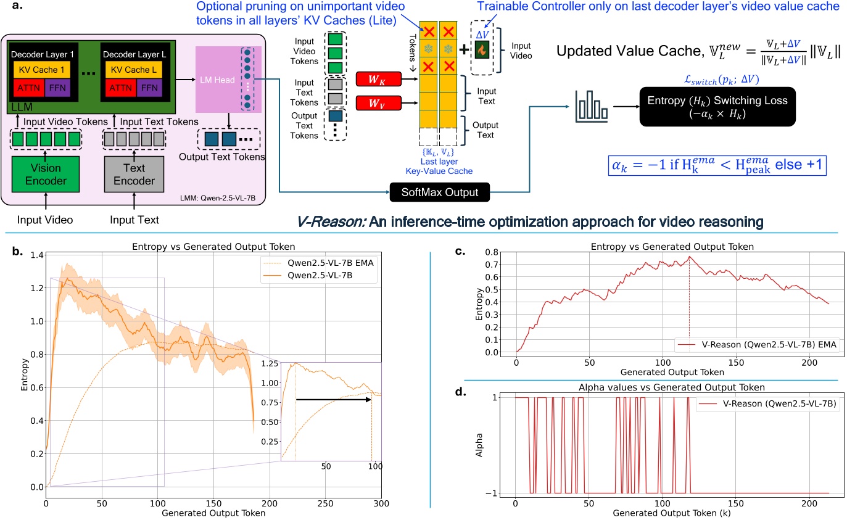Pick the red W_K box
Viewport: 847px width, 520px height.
click(379, 78)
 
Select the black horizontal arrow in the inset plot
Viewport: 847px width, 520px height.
click(336, 399)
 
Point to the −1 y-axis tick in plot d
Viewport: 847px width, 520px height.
click(506, 493)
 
